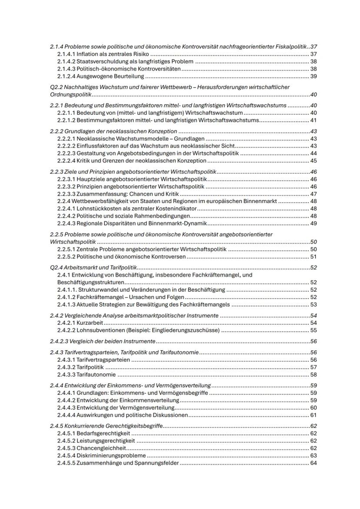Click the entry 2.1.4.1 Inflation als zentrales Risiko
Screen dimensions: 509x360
coord(103,54)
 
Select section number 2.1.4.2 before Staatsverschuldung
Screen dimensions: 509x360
coord(67,61)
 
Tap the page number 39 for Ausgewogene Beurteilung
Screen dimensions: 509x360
coord(313,76)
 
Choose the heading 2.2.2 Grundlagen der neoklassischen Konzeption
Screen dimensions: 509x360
coord(114,131)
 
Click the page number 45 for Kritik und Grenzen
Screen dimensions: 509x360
coord(313,160)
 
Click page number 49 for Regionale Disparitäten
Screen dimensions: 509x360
coord(313,223)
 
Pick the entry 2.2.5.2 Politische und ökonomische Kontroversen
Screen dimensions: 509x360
coord(121,256)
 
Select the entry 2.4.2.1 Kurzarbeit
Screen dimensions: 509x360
coord(80,323)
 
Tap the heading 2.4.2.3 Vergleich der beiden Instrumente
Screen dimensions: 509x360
coord(103,341)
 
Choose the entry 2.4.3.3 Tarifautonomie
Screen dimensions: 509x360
coord(87,374)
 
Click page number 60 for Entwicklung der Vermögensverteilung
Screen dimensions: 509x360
coord(313,407)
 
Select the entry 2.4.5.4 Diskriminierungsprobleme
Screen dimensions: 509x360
coord(101,455)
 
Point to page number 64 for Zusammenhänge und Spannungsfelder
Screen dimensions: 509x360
coord(313,462)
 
